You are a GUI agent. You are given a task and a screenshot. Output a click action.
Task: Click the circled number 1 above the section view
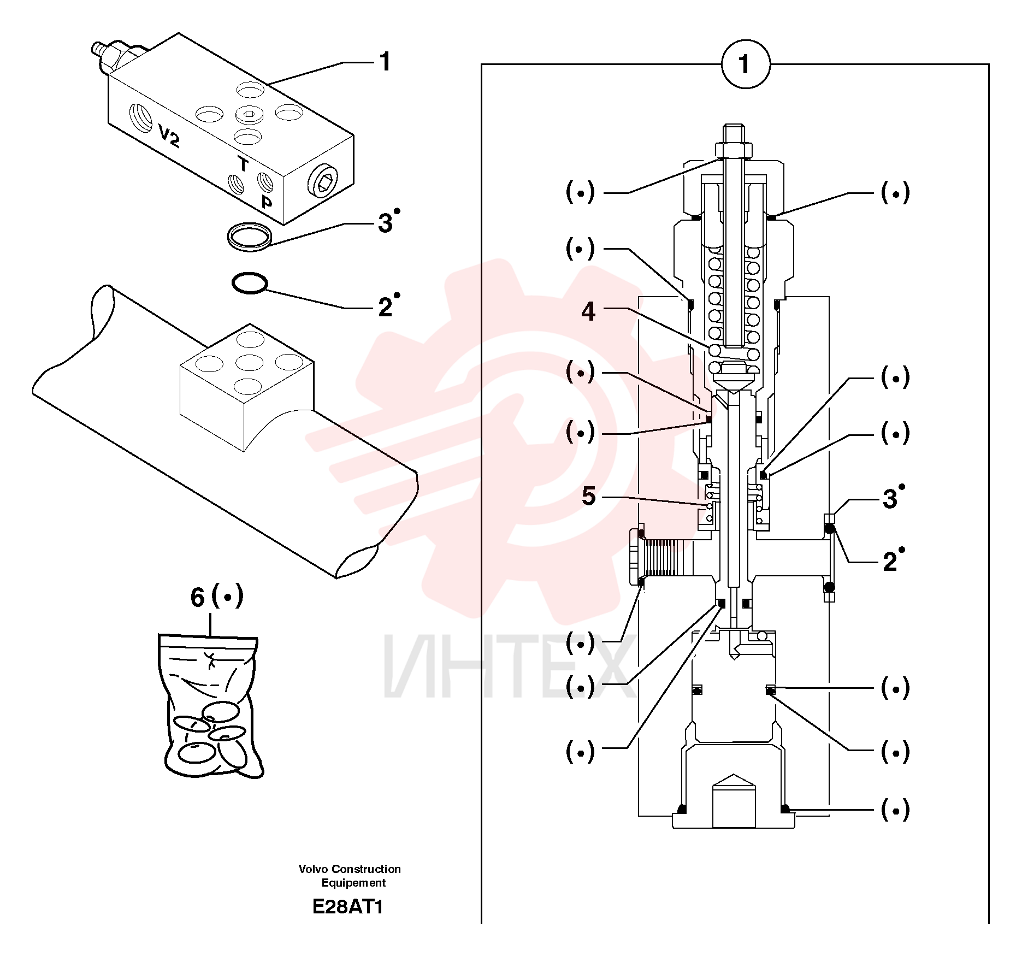tap(746, 64)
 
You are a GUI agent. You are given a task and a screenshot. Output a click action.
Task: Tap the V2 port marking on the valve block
tap(169, 135)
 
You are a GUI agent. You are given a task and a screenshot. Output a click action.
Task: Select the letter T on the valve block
tap(243, 164)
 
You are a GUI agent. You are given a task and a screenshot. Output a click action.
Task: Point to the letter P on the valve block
tap(267, 202)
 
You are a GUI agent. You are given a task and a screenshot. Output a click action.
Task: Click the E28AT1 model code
tap(348, 906)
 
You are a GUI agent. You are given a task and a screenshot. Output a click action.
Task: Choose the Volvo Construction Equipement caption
tap(350, 876)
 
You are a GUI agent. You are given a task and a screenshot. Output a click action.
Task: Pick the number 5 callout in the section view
tap(588, 496)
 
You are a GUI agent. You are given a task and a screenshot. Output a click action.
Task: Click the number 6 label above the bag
tap(197, 597)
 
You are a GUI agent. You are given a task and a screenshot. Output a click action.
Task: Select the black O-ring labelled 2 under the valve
tap(249, 283)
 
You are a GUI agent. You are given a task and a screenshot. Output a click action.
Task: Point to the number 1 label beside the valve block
tap(386, 62)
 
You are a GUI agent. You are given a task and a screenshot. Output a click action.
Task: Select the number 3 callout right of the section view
tap(890, 499)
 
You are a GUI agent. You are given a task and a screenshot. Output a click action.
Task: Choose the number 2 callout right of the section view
tap(890, 562)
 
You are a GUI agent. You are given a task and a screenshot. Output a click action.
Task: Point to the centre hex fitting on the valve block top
tap(250, 114)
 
